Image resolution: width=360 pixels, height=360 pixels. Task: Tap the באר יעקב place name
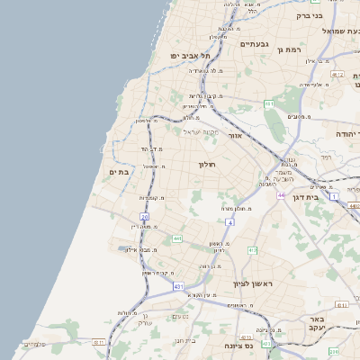[341, 324]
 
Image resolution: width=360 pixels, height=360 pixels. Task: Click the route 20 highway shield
[144, 217]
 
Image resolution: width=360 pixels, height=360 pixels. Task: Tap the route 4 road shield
[230, 221]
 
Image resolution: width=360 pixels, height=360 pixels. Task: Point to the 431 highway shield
[179, 286]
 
